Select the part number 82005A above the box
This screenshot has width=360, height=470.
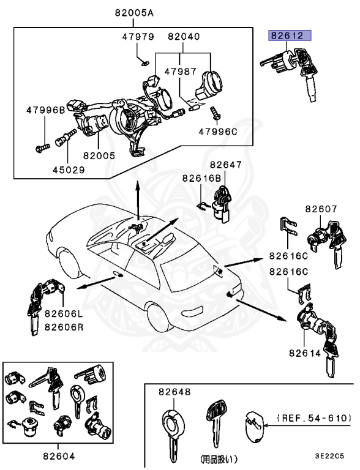[134, 12]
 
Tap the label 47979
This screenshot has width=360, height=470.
[138, 37]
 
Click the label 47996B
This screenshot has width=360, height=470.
[45, 111]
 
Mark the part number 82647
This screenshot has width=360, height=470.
[226, 165]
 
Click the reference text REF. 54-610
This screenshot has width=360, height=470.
[315, 418]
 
